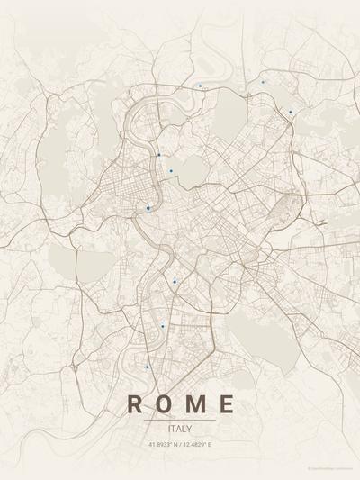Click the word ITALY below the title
[x=180, y=429]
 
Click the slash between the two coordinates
[x=180, y=444]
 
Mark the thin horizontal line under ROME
[x=180, y=420]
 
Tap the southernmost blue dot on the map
[x=147, y=367]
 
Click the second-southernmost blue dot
[x=163, y=326]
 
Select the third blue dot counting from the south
[x=175, y=282]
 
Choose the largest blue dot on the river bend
[x=148, y=208]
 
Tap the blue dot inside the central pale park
[x=171, y=170]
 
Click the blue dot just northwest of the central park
[x=159, y=155]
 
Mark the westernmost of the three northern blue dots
[x=200, y=86]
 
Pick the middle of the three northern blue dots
[x=263, y=82]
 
